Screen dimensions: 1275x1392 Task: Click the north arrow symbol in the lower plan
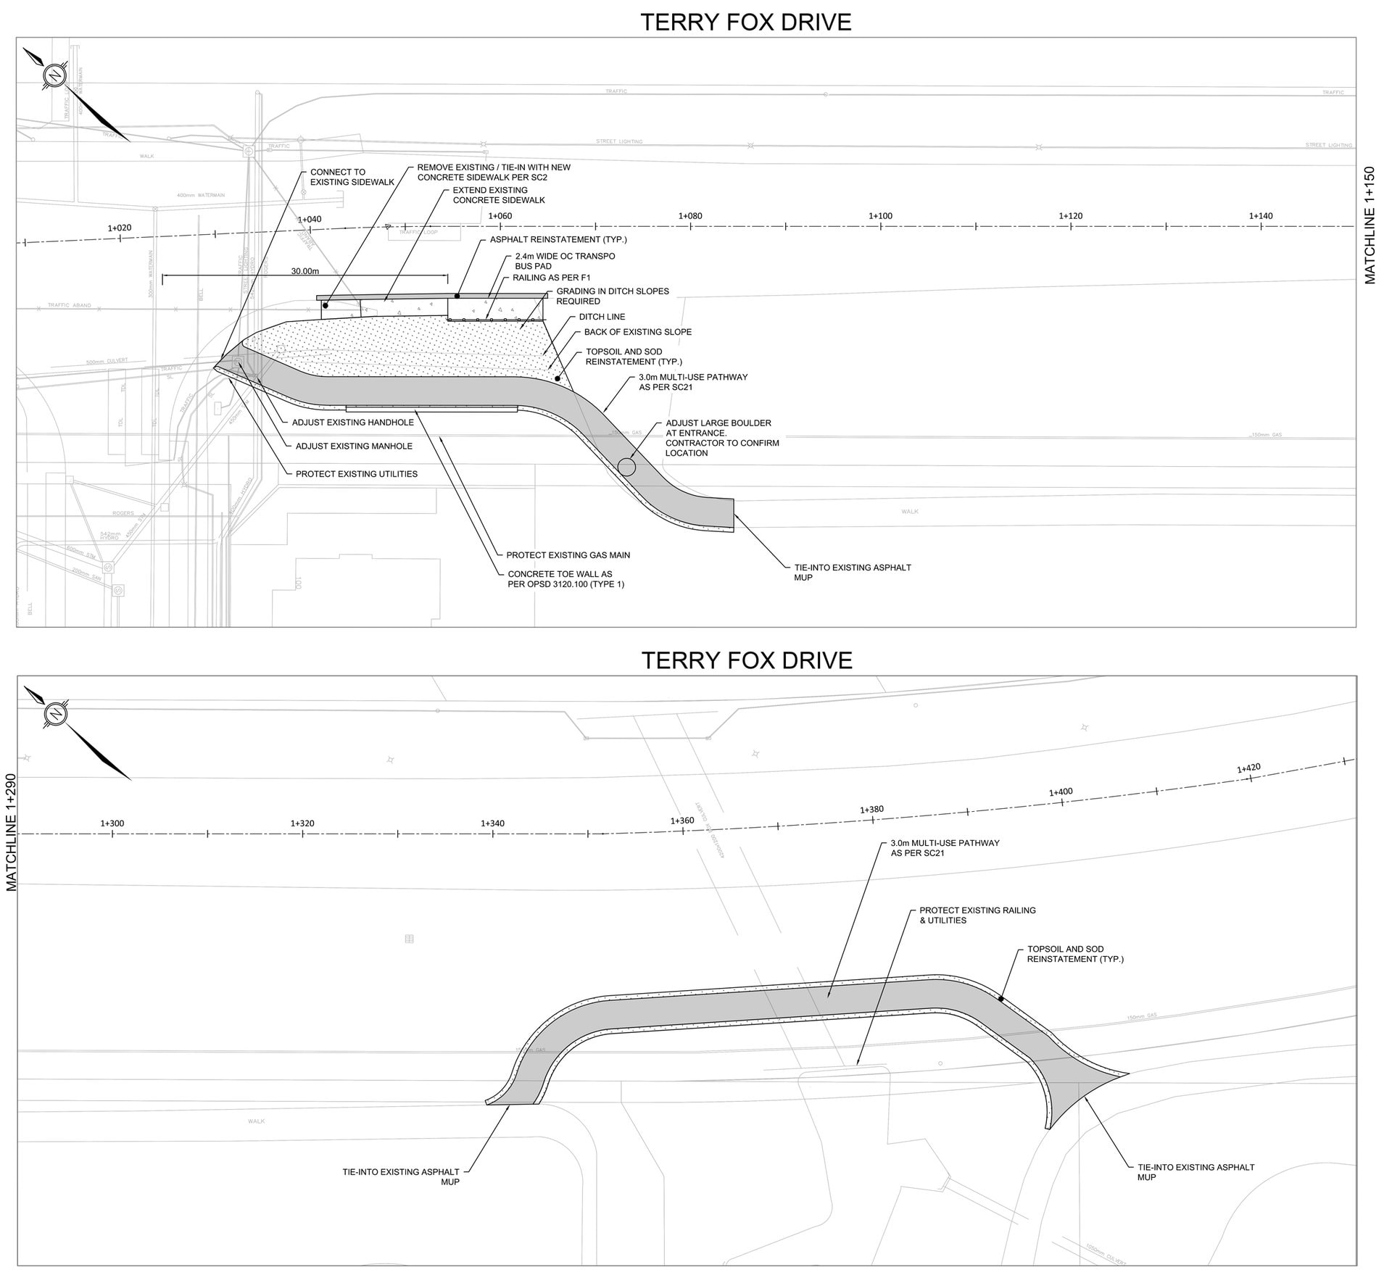click(55, 713)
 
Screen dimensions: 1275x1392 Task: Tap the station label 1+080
click(689, 216)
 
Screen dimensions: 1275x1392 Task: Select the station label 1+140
click(1261, 216)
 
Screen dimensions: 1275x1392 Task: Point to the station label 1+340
click(492, 823)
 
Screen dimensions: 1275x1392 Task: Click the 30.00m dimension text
click(304, 271)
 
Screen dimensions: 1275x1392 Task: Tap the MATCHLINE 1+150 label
click(1370, 225)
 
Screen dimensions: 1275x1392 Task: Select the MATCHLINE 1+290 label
click(11, 832)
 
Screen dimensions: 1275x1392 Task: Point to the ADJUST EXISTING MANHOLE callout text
click(354, 447)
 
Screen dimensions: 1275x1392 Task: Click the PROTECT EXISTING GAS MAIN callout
click(568, 555)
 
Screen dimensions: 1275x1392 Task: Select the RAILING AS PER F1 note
click(551, 278)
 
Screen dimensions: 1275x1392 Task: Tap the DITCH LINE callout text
click(602, 317)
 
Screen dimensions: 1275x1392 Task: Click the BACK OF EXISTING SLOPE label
click(638, 332)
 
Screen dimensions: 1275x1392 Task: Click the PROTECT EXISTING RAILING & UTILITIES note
click(977, 915)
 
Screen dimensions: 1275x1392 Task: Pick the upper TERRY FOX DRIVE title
click(745, 22)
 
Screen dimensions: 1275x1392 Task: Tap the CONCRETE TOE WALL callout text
click(565, 579)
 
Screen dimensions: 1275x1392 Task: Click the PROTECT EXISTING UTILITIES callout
click(356, 474)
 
